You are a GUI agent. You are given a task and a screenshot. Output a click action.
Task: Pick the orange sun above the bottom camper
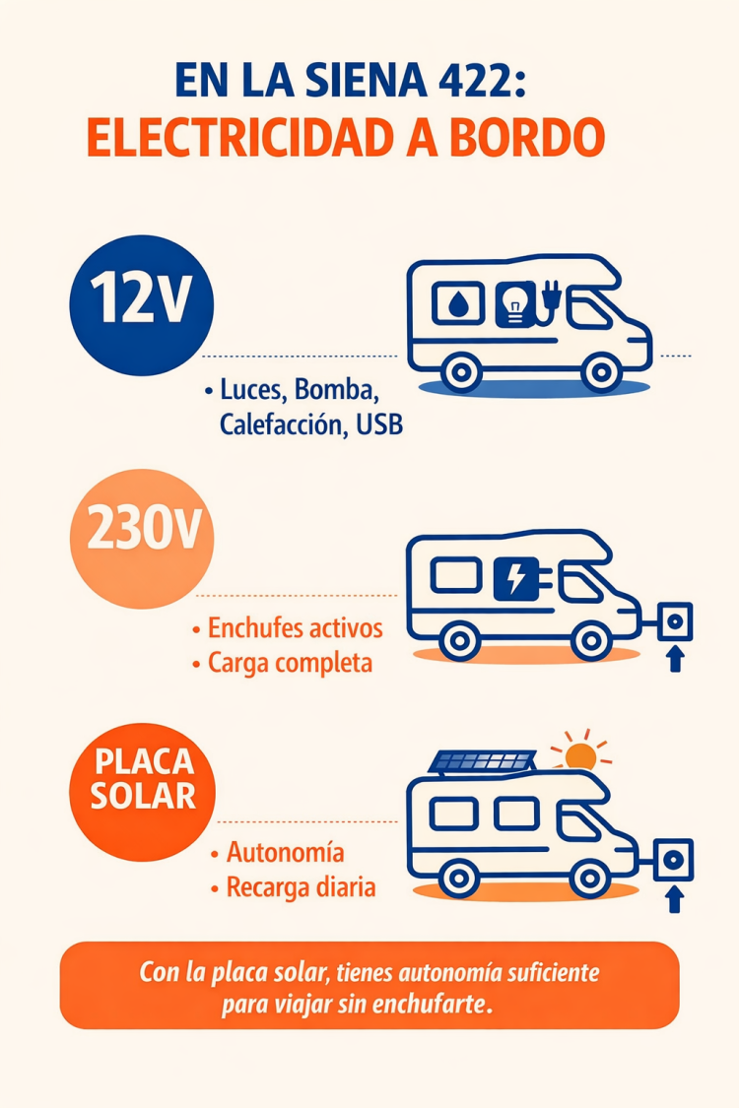tap(580, 755)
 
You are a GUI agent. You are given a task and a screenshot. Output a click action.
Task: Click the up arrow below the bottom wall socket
tap(675, 898)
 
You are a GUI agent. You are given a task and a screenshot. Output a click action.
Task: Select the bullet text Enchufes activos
tap(295, 628)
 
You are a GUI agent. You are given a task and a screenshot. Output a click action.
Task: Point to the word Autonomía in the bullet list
tap(286, 851)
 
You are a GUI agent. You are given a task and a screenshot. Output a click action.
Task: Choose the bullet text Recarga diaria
tap(301, 886)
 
